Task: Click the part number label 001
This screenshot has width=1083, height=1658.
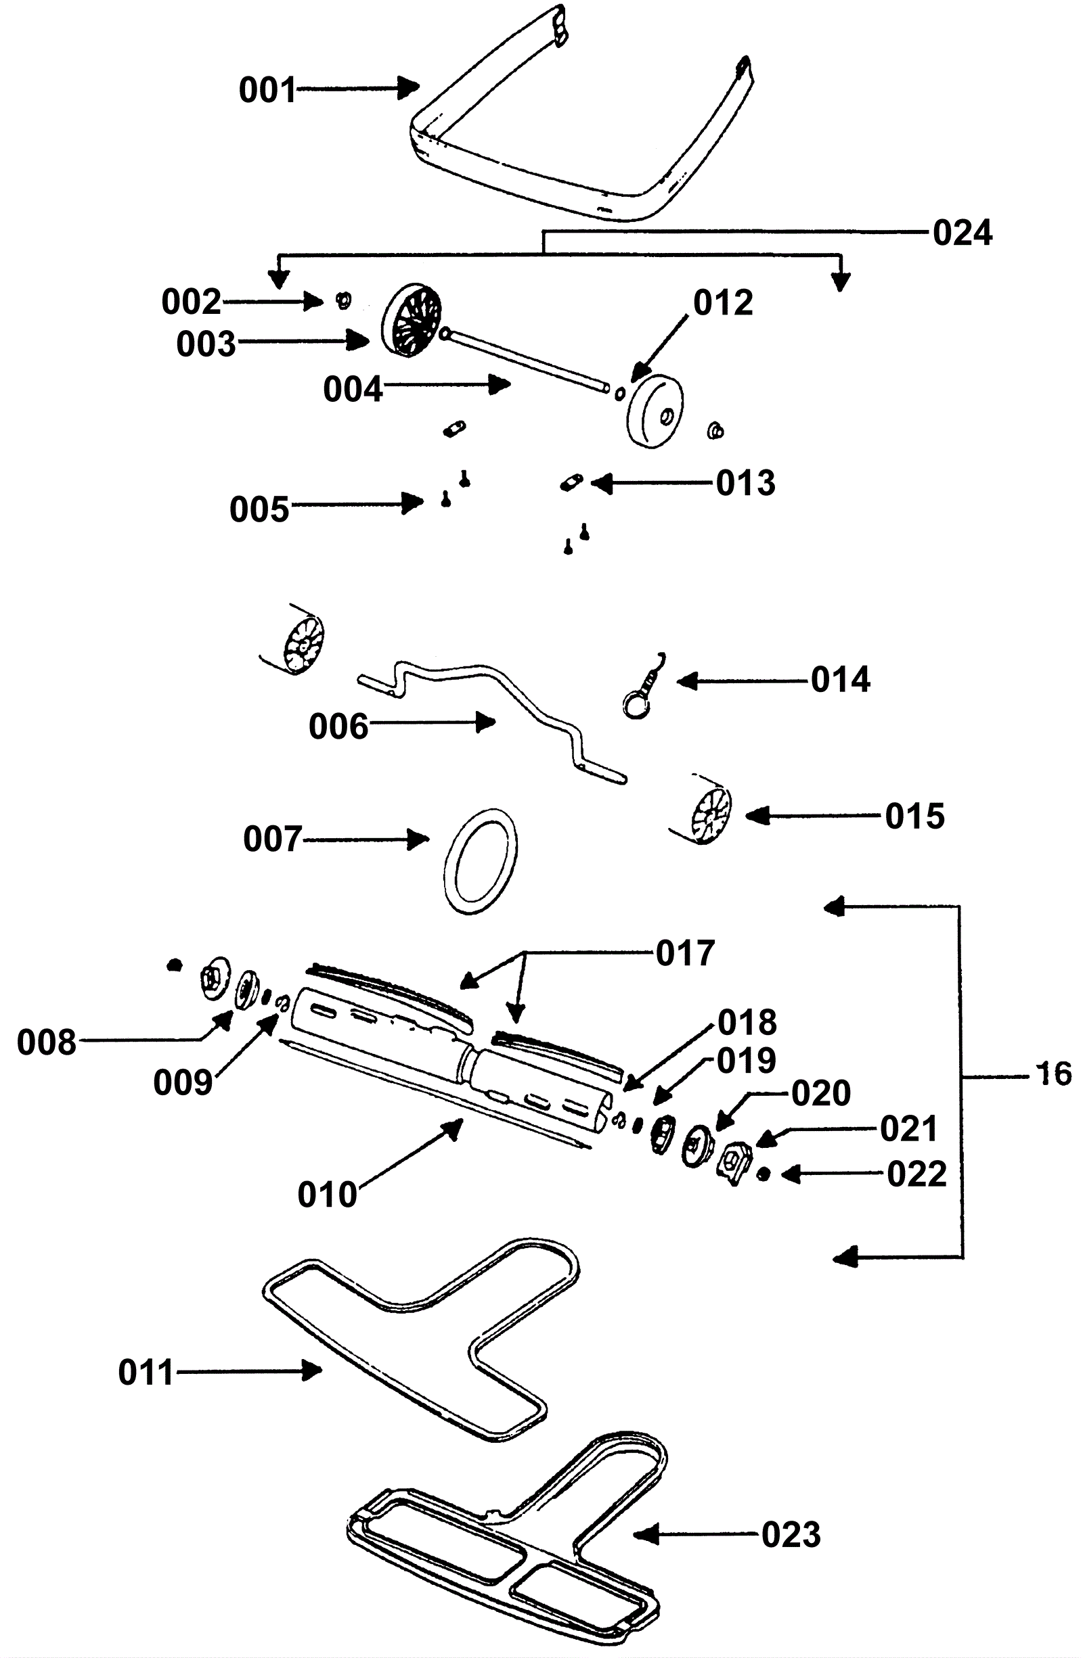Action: tap(267, 91)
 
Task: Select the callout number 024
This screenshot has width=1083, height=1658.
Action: tap(963, 233)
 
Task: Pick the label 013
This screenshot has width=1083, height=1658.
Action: tap(746, 483)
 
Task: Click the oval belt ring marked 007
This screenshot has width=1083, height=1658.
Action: tap(480, 861)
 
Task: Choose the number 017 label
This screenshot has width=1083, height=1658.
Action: tap(685, 953)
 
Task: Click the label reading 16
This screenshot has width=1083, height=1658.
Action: tap(1055, 1074)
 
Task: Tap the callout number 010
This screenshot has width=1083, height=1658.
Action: tap(327, 1195)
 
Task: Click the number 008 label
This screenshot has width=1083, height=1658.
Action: tap(46, 1043)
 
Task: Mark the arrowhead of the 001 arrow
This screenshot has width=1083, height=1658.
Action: tap(409, 87)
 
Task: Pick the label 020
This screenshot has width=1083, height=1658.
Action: tap(821, 1093)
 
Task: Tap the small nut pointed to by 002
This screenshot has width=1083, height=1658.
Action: tap(343, 301)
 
